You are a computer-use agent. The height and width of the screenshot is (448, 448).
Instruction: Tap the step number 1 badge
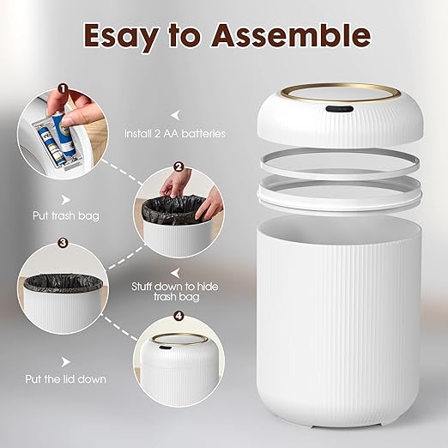[62, 88]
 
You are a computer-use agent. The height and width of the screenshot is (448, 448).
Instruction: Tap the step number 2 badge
[179, 166]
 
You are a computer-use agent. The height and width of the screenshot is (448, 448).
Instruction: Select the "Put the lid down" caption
[66, 378]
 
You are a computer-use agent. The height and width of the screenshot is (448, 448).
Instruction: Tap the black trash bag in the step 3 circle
[63, 281]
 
